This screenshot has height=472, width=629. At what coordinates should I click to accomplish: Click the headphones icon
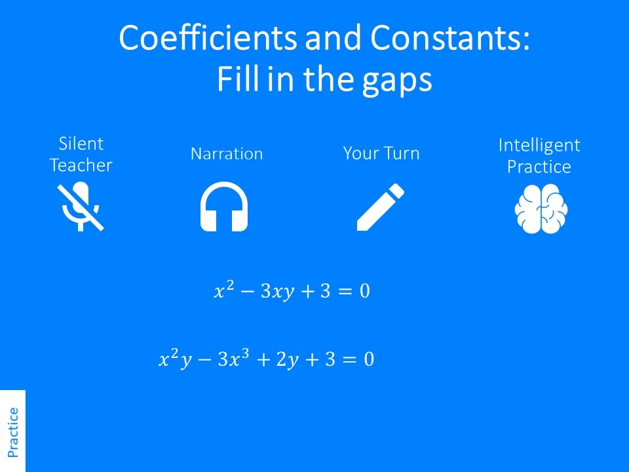[x=224, y=206]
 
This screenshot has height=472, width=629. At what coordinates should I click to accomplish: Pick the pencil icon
[x=380, y=207]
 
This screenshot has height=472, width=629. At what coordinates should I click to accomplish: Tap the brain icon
[x=541, y=208]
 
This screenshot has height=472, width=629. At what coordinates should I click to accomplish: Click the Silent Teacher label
[x=81, y=155]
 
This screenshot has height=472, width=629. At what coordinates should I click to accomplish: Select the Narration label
[x=227, y=154]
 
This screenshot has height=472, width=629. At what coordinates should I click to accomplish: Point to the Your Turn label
[x=381, y=154]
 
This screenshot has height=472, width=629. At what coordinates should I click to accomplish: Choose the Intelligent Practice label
[x=539, y=156]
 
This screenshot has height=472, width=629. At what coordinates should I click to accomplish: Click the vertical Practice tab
[x=13, y=431]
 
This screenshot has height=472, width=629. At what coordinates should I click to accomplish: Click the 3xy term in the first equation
[x=276, y=292]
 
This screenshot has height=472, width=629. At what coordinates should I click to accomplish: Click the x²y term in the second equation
[x=175, y=359]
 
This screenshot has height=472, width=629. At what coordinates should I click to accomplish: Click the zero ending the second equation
[x=369, y=359]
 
